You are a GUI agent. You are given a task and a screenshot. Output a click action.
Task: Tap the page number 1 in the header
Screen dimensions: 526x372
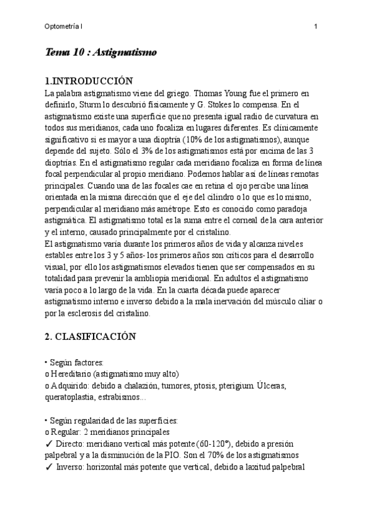tap(316, 26)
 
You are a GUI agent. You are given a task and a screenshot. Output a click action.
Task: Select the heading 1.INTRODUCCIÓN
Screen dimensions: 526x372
tap(89, 81)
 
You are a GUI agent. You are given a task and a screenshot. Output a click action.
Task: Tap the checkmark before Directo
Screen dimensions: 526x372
tap(49, 444)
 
